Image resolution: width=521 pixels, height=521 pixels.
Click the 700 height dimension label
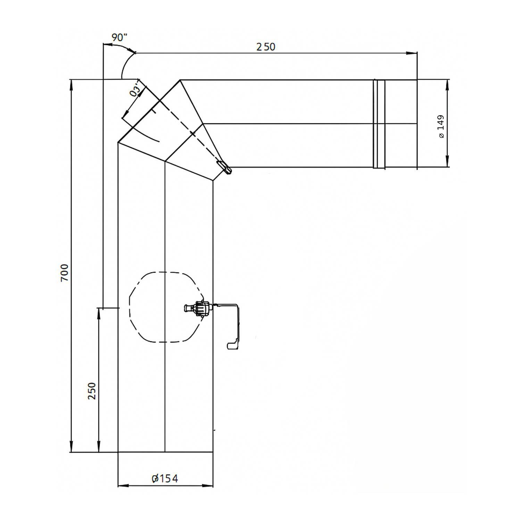point(65,273)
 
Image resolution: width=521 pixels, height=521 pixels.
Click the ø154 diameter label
point(165,478)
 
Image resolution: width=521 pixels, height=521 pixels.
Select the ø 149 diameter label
point(441,127)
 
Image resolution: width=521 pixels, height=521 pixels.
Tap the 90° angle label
point(119,38)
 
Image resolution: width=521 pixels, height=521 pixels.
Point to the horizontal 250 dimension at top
point(266,47)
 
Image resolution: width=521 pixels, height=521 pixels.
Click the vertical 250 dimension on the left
point(92,391)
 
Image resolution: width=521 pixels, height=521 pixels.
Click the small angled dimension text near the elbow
point(136,89)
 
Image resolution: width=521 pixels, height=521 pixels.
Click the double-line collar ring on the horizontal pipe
point(379,124)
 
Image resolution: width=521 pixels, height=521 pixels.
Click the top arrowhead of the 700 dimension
point(72,83)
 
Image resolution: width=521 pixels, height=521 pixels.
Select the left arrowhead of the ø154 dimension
point(122,485)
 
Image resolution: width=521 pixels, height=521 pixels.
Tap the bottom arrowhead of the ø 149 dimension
point(447,164)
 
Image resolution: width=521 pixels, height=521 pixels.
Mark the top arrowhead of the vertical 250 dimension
point(99,311)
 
